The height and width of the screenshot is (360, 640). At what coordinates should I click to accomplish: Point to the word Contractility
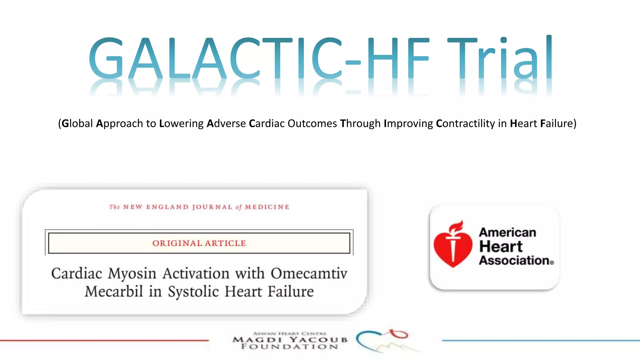click(465, 123)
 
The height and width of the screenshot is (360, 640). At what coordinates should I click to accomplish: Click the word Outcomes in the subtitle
click(312, 123)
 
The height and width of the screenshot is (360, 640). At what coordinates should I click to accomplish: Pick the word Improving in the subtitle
click(408, 123)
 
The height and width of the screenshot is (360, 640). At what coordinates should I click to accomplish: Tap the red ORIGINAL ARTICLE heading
click(199, 243)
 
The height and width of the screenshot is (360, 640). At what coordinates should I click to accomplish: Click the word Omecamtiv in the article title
click(309, 273)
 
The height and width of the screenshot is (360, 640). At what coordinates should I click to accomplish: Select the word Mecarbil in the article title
click(114, 292)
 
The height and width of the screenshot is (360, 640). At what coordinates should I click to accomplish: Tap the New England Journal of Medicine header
click(199, 207)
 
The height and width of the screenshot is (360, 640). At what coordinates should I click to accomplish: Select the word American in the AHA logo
click(507, 232)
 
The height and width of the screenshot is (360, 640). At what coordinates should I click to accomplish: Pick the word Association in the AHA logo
click(514, 260)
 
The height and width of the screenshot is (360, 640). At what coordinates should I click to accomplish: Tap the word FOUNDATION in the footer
click(290, 347)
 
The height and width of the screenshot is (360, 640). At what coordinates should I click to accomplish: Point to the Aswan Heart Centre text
click(289, 333)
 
